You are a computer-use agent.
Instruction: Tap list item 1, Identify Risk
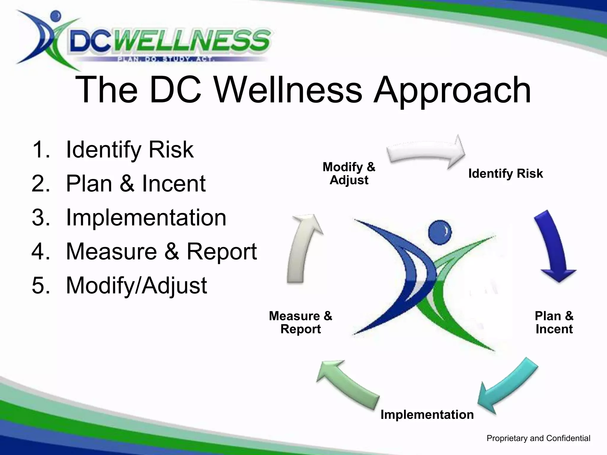point(130,150)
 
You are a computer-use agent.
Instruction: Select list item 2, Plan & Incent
point(135,184)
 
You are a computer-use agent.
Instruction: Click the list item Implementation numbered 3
point(146,218)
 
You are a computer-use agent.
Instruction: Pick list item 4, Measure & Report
point(161,251)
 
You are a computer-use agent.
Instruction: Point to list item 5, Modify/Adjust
point(136,286)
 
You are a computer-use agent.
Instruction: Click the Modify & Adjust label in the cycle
point(349,174)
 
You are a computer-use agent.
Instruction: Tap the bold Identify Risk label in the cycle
point(505,174)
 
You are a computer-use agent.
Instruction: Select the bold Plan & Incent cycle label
point(554,323)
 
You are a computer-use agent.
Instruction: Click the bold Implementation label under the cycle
point(427,414)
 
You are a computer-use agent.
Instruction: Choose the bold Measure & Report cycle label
point(301,323)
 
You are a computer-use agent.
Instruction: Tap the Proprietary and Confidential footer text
point(538,438)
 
